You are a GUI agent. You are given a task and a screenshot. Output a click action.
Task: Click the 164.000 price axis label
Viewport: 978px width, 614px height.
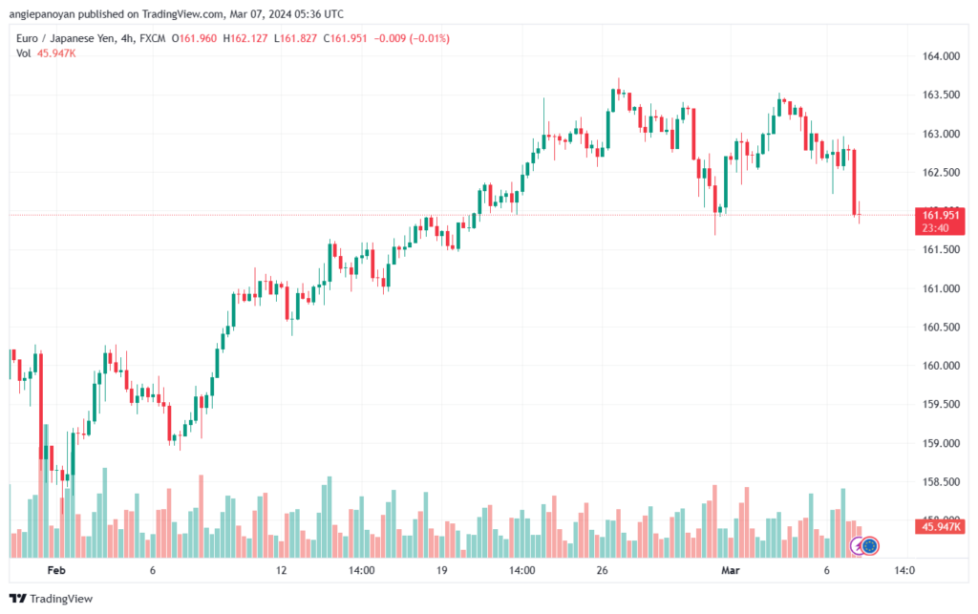940,56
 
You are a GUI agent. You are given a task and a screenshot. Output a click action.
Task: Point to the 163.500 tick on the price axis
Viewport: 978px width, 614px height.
940,95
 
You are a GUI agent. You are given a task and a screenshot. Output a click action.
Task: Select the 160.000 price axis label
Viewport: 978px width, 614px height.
940,366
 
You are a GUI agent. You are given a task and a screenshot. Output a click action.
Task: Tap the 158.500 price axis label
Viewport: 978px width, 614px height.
940,481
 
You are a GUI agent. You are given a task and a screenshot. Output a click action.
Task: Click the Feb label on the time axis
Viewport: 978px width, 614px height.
56,571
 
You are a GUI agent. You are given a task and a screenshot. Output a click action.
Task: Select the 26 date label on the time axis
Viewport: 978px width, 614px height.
602,571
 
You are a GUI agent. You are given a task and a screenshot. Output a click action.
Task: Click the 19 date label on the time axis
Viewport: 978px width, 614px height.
442,571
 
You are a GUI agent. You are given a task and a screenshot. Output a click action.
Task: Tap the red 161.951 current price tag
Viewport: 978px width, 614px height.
941,215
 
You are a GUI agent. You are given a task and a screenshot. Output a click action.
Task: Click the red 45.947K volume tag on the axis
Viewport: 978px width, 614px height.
941,526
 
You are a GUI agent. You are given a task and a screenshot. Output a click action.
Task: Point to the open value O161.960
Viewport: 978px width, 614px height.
201,38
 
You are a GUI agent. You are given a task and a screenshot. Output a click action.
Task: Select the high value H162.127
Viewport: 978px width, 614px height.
249,38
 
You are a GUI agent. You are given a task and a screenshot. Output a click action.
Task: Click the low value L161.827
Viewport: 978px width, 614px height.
298,38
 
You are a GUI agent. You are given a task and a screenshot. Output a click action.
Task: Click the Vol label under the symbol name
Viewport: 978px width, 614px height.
24,53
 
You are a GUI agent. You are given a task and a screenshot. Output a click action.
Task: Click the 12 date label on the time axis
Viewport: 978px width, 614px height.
281,571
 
